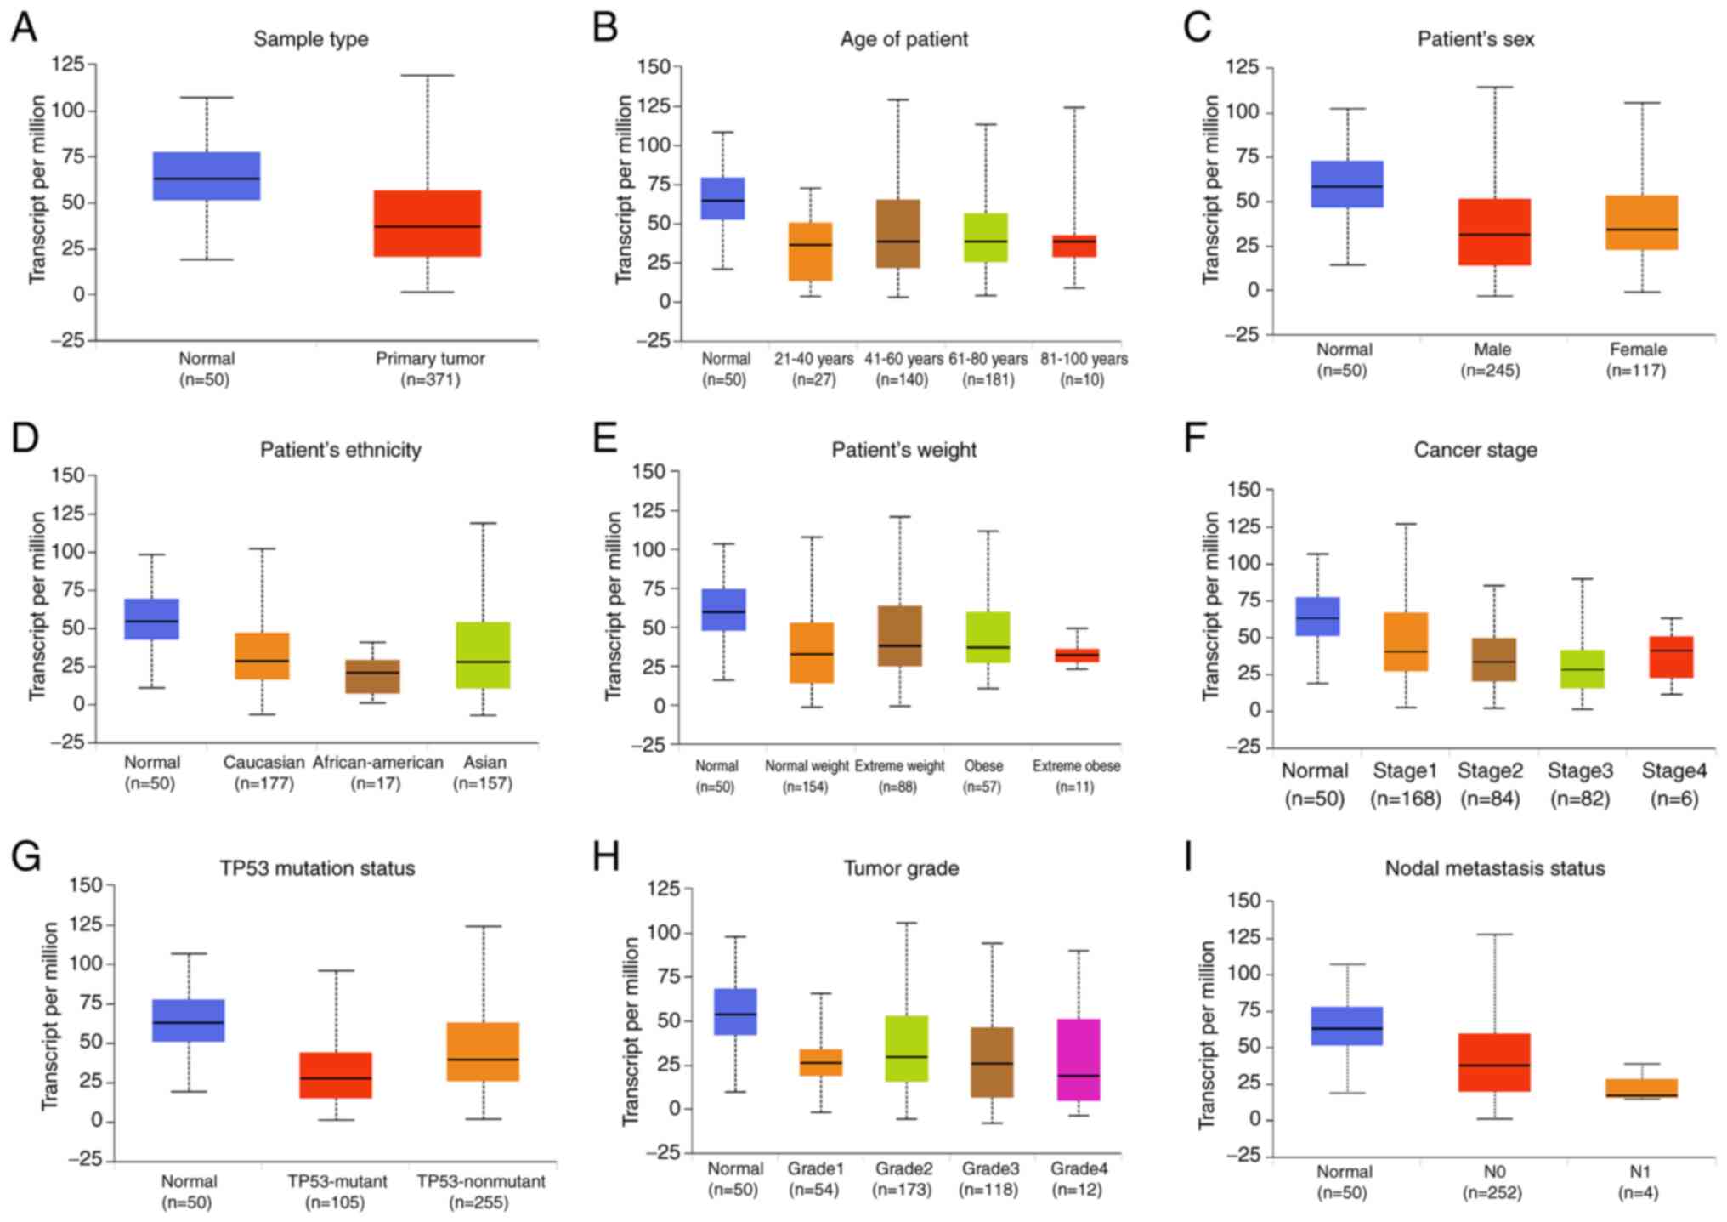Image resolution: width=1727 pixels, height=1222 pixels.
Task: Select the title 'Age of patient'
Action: pos(903,39)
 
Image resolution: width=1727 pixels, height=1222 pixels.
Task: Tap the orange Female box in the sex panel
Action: pos(1642,222)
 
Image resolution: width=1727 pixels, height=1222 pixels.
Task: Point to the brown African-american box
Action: pos(372,676)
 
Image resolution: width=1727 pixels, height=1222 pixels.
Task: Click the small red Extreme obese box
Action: pos(1077,655)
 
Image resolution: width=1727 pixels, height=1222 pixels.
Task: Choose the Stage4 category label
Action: pos(1673,771)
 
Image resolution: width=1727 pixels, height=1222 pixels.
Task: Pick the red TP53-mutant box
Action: pos(336,1075)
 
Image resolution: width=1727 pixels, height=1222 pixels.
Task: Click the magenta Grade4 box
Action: pos(1079,1059)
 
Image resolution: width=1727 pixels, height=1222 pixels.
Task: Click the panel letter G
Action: pos(26,857)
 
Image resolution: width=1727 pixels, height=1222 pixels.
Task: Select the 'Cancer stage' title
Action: pos(1475,450)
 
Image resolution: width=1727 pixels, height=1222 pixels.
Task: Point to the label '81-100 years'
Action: pos(1084,359)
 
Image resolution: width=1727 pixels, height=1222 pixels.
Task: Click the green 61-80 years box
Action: pos(986,237)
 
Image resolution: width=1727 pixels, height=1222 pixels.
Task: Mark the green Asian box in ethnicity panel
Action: pos(483,655)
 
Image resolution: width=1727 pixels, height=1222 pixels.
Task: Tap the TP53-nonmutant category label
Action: pos(481,1181)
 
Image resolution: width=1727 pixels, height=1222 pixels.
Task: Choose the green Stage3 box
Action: pos(1582,668)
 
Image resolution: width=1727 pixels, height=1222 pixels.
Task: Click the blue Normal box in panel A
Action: pos(207,176)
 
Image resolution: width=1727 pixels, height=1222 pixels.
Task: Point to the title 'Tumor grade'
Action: pos(901,868)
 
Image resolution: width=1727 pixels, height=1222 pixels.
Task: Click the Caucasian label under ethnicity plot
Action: pos(263,762)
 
